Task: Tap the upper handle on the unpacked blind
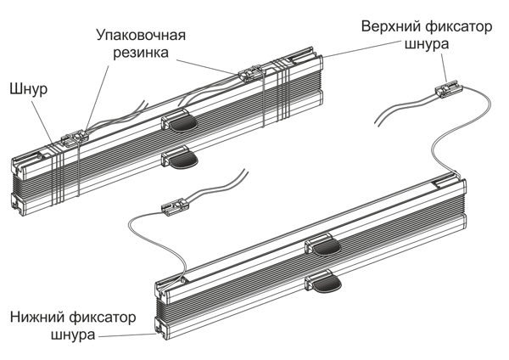click(323, 246)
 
